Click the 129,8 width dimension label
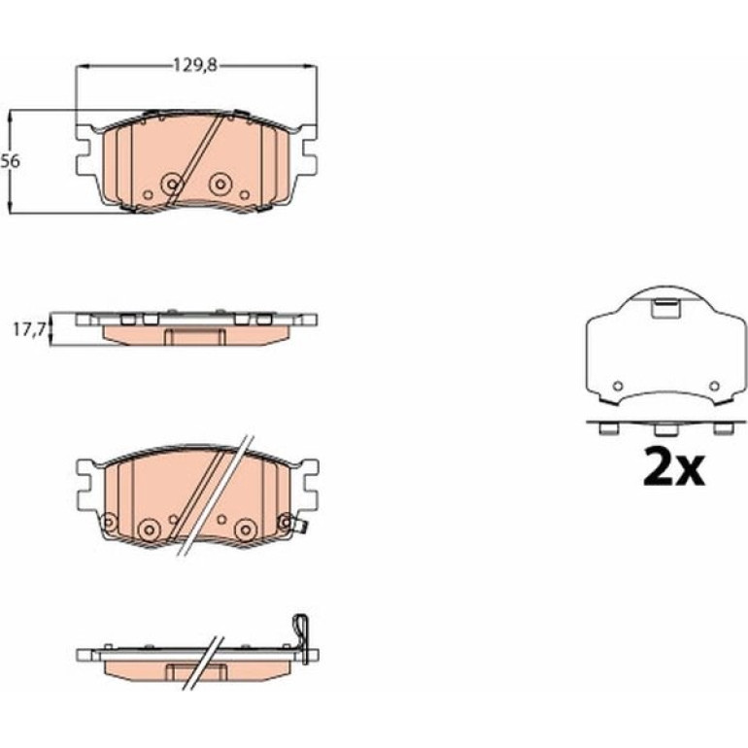194,64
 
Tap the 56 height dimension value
10,161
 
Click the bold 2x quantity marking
673,466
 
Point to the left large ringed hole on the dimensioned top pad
172,183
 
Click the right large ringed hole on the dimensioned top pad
220,183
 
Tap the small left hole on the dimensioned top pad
148,194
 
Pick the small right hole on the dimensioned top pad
244,194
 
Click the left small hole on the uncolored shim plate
618,386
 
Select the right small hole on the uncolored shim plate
714,386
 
